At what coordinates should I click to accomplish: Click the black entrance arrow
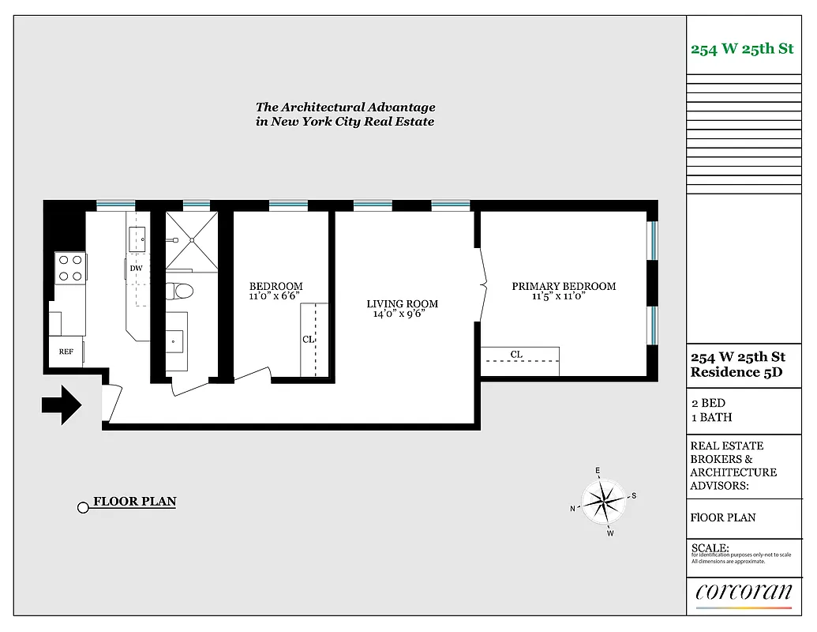coord(62,405)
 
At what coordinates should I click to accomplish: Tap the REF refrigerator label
coord(66,352)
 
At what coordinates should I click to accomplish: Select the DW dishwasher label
coord(136,269)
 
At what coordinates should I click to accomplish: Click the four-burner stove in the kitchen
coord(69,267)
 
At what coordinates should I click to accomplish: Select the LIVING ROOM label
coord(402,303)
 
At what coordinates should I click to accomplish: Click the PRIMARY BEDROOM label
coord(564,286)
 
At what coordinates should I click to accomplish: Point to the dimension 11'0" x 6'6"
coord(275,297)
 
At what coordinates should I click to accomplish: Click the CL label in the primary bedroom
coord(516,355)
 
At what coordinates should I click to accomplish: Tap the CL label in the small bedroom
coord(308,339)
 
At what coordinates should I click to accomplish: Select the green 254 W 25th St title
coord(742,49)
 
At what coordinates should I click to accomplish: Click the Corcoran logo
coord(744,591)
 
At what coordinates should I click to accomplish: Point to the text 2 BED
coord(708,403)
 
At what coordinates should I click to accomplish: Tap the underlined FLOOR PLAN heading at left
coord(135,502)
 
